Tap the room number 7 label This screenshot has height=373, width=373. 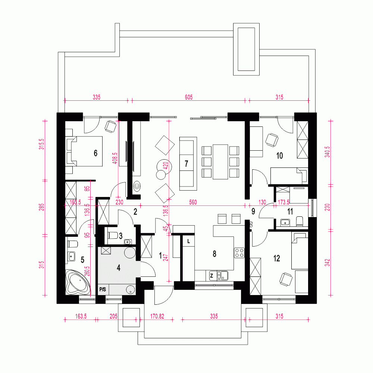point(186,163)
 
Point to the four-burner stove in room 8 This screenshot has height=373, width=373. point(239,253)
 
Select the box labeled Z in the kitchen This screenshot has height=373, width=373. point(211,276)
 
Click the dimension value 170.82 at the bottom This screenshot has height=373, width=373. point(157,316)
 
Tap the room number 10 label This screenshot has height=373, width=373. point(279,156)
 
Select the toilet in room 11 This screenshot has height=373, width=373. point(300,221)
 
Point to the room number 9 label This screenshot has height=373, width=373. point(253,212)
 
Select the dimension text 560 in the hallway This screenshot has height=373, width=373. point(193,203)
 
